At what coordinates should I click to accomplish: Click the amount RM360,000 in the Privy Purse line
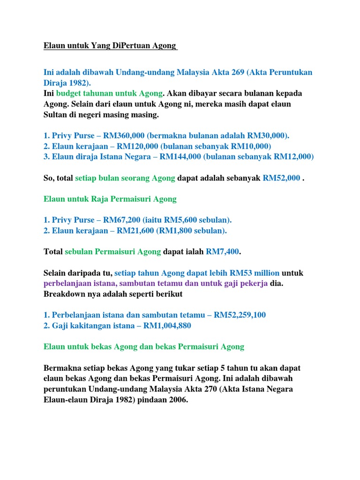pyautogui.click(x=124, y=135)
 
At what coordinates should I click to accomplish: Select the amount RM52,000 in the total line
pyautogui.click(x=281, y=178)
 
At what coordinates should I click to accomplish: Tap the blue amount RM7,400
pyautogui.click(x=223, y=252)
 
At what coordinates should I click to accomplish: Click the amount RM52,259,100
pyautogui.click(x=240, y=315)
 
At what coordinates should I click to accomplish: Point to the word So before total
pyautogui.click(x=49, y=178)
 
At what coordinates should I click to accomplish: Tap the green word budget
pyautogui.click(x=69, y=93)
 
